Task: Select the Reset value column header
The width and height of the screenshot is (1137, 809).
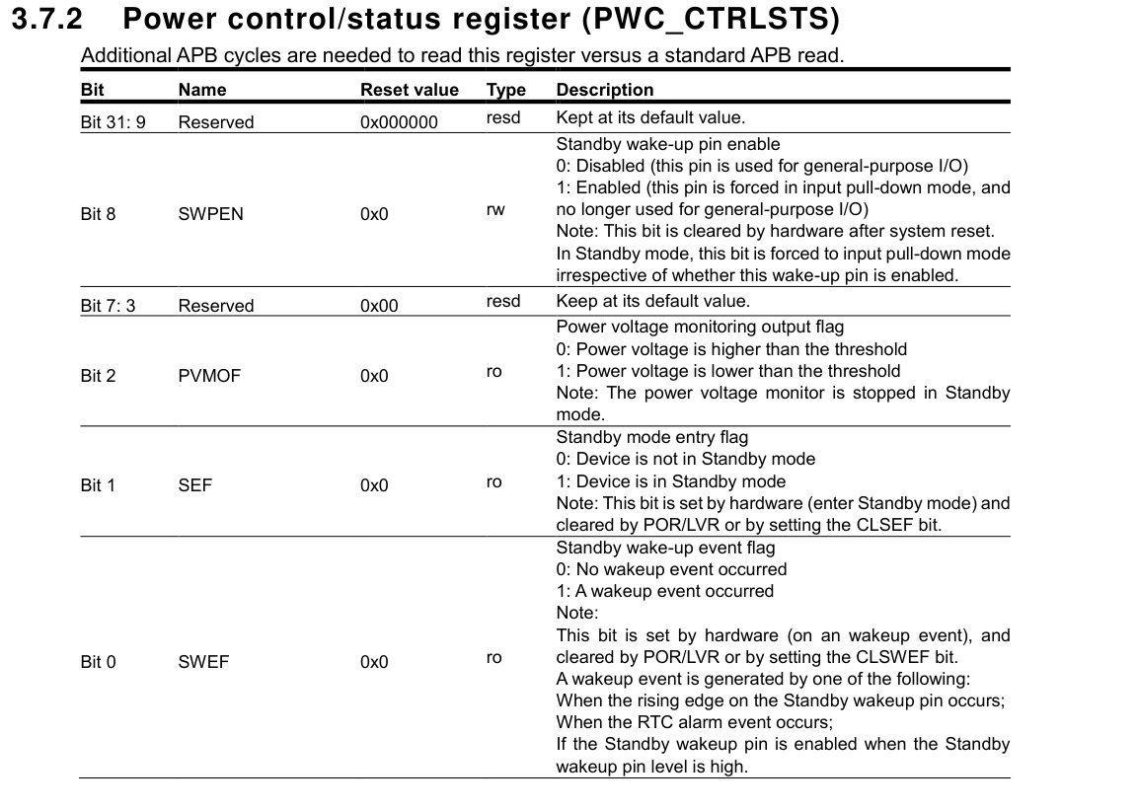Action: tap(410, 90)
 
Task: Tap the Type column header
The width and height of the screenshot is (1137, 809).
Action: tap(506, 90)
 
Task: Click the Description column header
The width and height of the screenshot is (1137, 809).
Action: tap(605, 90)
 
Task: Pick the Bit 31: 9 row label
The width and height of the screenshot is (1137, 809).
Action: tap(113, 122)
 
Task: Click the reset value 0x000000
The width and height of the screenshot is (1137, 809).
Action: tap(400, 122)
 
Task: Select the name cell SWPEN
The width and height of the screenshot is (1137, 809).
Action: tap(210, 213)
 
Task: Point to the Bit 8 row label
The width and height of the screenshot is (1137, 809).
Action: tap(98, 213)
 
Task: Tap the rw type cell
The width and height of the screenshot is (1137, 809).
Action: tap(495, 210)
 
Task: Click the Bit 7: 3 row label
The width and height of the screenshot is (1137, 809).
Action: tap(108, 306)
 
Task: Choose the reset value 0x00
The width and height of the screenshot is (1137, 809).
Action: tap(379, 306)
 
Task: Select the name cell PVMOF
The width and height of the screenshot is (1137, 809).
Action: tap(209, 376)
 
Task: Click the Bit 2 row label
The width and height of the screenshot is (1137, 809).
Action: tap(98, 376)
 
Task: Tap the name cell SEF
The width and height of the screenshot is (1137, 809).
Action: tap(195, 485)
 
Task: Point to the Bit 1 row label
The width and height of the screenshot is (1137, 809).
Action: tap(98, 485)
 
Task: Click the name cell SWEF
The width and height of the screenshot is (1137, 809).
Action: tap(203, 662)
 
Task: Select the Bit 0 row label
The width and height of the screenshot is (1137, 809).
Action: tap(98, 662)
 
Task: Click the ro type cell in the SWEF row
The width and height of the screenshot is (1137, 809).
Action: tap(494, 658)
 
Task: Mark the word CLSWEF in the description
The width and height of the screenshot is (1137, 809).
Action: tap(891, 657)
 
